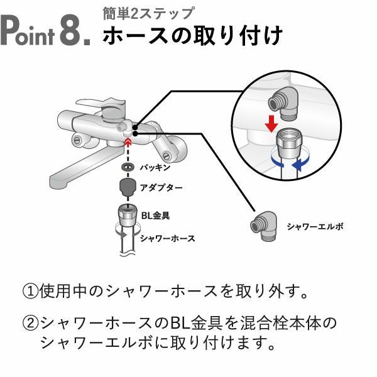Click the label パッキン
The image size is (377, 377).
[155, 168]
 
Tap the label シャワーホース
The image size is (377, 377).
[167, 238]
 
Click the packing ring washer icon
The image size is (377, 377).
[127, 168]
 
